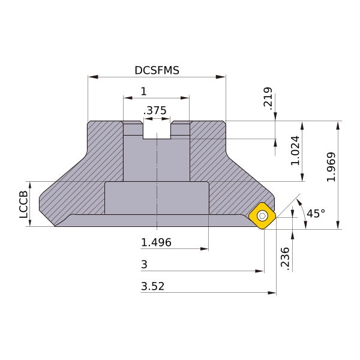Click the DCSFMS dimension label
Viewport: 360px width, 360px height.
157,70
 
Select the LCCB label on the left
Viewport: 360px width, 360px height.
23,205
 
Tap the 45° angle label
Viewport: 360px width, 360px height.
316,213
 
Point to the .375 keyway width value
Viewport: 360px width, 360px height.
155,110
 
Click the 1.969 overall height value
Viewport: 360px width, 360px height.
331,167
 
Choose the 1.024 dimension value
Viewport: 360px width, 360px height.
295,151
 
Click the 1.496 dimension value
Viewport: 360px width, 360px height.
156,242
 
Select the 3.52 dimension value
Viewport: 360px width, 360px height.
152,286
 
